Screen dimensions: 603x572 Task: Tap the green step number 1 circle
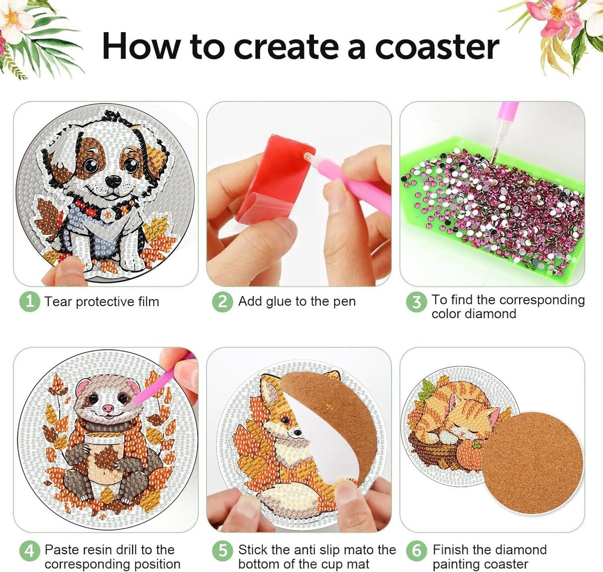pos(30,302)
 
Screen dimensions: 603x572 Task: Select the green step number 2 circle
pos(223,302)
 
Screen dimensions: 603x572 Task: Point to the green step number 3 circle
pos(416,302)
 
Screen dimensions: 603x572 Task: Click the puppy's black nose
pos(113,180)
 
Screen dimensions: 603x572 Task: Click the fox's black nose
pos(296,433)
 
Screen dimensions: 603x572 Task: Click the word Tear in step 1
pos(58,302)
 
